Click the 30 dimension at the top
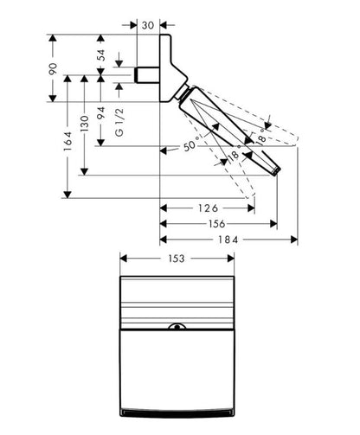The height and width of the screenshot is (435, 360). (x=148, y=25)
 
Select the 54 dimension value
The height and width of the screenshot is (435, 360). (x=101, y=55)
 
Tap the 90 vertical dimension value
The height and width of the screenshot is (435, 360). (x=53, y=68)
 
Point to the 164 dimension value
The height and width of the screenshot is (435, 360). (x=67, y=141)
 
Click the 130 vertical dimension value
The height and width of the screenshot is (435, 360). (x=84, y=124)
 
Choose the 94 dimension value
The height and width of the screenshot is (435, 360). (x=101, y=113)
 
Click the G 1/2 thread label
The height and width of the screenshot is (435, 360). (x=119, y=122)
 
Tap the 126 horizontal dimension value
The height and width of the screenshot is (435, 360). (x=208, y=208)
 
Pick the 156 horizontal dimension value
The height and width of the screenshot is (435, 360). (x=216, y=224)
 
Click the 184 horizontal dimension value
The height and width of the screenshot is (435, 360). (x=228, y=240)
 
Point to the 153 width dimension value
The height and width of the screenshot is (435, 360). (x=177, y=259)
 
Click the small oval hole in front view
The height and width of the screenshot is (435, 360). (x=177, y=327)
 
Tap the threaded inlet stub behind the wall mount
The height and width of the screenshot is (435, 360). (x=147, y=75)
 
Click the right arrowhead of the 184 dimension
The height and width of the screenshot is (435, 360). (x=294, y=240)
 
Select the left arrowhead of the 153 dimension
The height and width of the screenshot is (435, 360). (x=124, y=259)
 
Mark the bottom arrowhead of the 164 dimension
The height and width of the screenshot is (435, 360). (x=67, y=195)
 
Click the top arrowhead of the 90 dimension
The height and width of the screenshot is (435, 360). (x=53, y=38)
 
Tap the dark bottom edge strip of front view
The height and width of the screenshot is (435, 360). (x=177, y=413)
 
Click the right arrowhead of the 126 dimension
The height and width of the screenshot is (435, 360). (x=251, y=208)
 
